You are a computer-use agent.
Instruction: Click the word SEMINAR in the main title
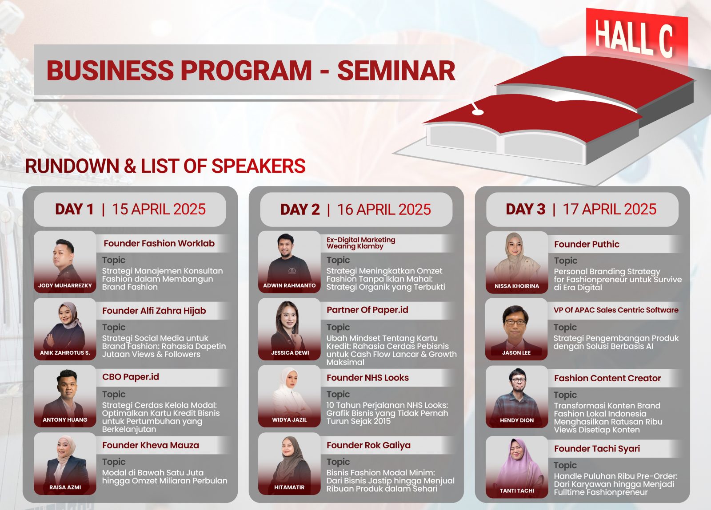(396, 71)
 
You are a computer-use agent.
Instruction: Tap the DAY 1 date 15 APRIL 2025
(159, 209)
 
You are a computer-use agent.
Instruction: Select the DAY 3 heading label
(525, 209)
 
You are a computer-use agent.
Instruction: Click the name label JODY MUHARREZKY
(65, 285)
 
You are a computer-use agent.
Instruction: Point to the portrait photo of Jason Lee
(516, 329)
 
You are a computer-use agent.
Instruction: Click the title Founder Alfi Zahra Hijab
(154, 311)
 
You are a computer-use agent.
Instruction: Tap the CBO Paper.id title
(131, 377)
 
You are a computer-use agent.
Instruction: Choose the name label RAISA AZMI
(65, 487)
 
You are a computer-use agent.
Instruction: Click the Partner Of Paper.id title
(367, 310)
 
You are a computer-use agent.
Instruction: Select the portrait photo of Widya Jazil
(289, 396)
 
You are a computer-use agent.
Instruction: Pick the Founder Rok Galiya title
(368, 445)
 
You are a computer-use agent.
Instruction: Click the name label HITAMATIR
(289, 487)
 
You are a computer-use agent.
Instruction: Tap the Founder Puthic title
(587, 245)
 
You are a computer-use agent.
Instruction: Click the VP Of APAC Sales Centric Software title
(616, 310)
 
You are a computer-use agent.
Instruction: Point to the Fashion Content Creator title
(607, 378)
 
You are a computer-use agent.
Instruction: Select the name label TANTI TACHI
(517, 490)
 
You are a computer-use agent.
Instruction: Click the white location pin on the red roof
(477, 111)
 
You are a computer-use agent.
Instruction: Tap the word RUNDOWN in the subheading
(72, 166)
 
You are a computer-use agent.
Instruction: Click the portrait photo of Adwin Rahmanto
(289, 262)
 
